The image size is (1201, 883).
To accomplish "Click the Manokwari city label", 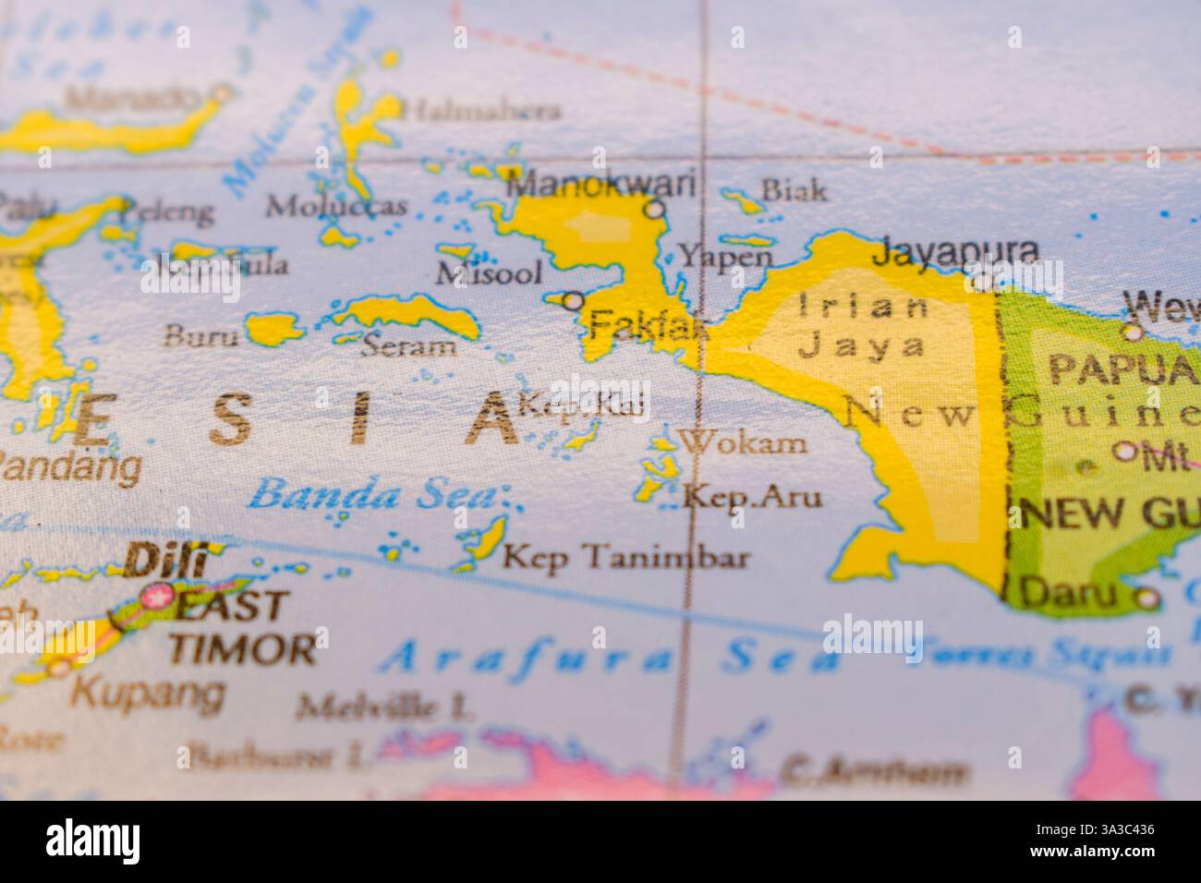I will [601, 184].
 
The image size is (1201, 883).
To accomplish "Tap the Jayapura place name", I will [956, 250].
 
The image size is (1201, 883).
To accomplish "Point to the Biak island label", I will [793, 190].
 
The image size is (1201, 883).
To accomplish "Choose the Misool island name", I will [489, 272].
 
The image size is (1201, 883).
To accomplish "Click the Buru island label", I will [200, 335].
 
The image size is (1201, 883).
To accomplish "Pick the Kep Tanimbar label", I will [625, 557].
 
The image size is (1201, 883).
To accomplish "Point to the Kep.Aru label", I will [751, 498].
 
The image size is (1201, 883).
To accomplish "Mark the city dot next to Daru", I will [1146, 598].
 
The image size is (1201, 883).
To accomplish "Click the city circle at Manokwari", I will [655, 209].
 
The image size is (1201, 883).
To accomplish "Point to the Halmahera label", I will [483, 111].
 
